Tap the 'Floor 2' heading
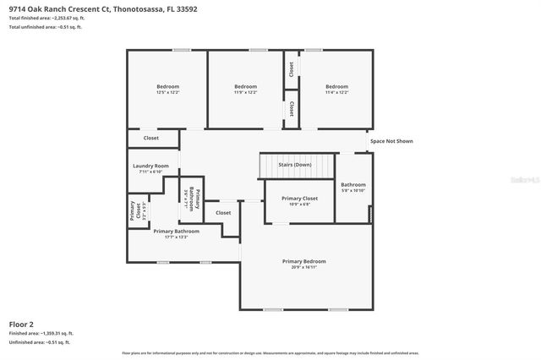tap(21, 324)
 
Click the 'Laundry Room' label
tap(150, 166)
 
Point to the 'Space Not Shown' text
tap(391, 141)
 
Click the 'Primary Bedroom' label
tap(303, 261)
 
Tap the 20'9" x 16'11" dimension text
tap(303, 267)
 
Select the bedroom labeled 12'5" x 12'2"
tap(167, 87)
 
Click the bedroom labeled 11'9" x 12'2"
tap(245, 87)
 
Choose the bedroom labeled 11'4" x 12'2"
tap(336, 87)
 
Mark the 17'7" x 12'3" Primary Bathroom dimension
tap(176, 237)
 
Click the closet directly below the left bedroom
tap(150, 138)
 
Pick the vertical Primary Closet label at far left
tap(133, 211)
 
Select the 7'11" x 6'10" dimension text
tap(150, 172)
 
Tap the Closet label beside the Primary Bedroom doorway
tap(223, 213)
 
